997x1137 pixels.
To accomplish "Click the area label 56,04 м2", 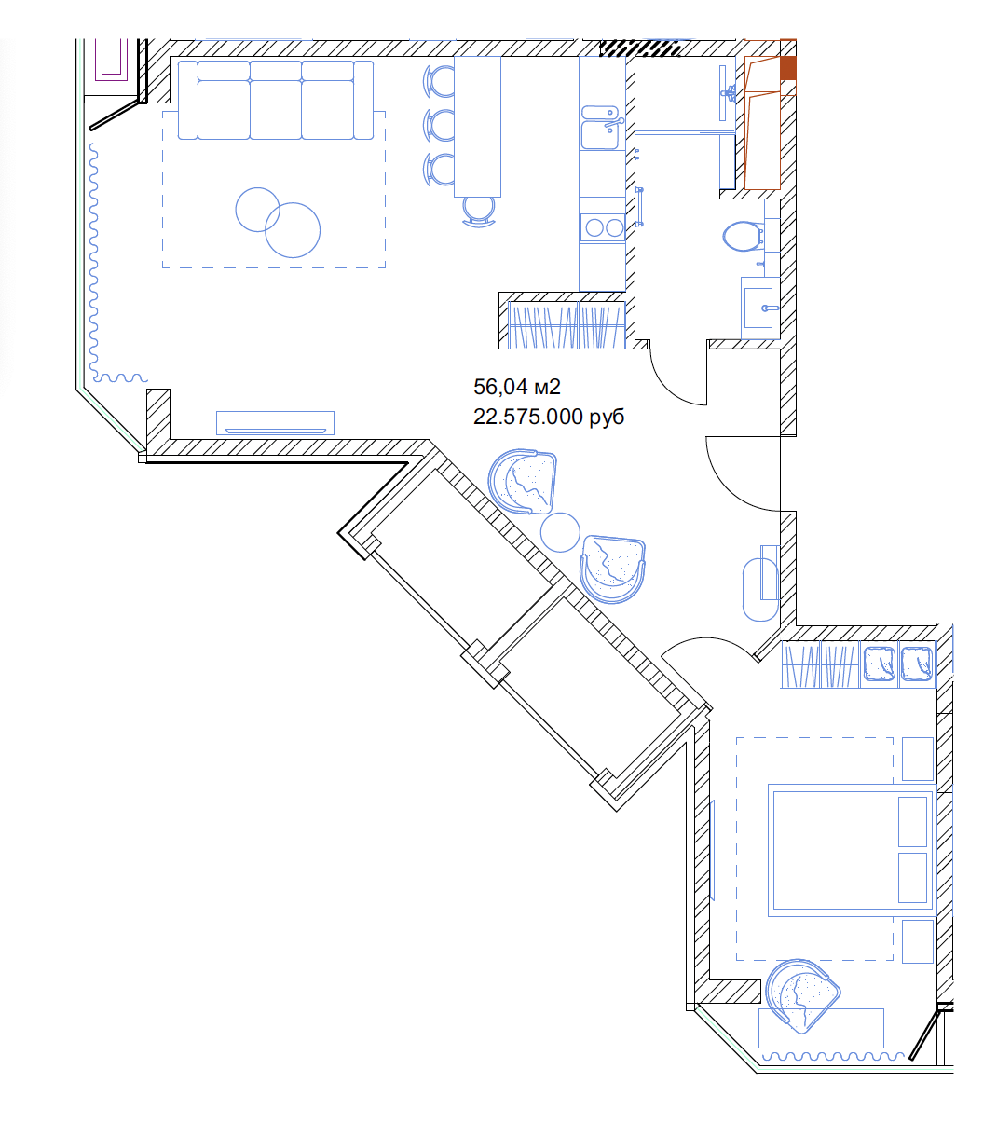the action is point(516,387).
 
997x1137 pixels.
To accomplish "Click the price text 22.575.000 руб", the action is point(549,417).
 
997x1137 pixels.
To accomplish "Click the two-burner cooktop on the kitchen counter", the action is point(603,227).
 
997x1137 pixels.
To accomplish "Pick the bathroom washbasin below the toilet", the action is point(759,308).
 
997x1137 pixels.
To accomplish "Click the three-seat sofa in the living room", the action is point(276,100).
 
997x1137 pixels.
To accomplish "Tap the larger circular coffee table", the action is point(293,230).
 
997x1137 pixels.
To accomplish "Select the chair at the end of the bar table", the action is point(479,211).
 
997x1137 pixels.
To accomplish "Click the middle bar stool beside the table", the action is point(439,125).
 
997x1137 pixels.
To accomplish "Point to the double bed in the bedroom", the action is point(850,850).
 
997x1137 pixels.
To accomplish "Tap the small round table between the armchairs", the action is point(560,532).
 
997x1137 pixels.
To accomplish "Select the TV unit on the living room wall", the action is point(276,422).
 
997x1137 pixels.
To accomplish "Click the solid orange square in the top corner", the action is point(788,68).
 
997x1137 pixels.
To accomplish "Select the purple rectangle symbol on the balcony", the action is point(111,60).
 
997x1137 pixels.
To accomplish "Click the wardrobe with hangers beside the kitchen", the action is point(567,325).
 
